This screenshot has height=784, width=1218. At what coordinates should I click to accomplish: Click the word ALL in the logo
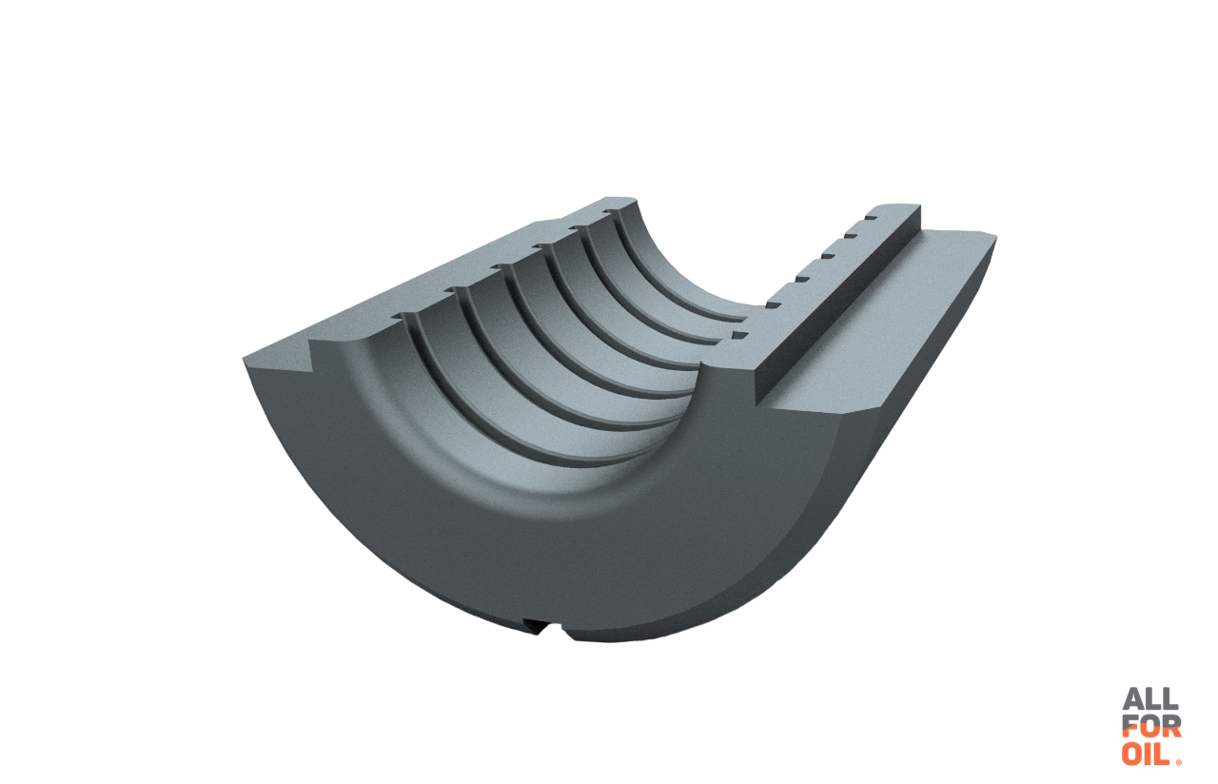click(1150, 699)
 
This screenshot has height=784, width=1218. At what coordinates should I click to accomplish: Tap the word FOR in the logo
click(1151, 726)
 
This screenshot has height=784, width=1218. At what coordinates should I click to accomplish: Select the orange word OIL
click(1146, 755)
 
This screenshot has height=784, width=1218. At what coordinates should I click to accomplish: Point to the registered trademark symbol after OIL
click(1178, 763)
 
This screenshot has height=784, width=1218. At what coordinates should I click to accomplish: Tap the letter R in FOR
click(1171, 726)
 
